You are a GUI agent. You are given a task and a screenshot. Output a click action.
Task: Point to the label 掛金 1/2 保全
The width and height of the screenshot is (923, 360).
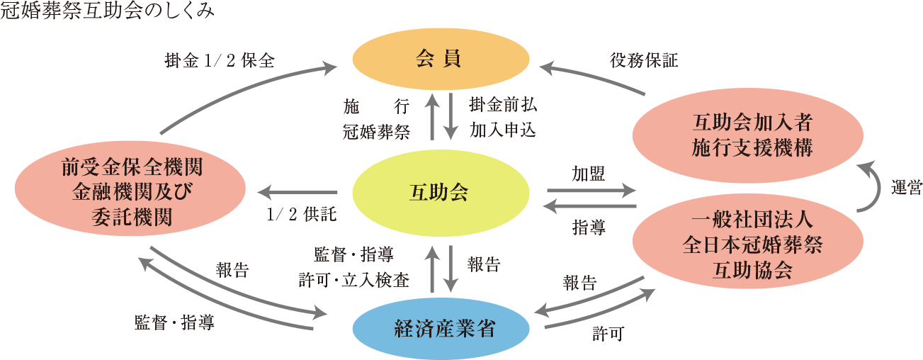click(219, 61)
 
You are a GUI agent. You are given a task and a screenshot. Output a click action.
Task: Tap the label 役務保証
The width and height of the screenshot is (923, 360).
click(643, 61)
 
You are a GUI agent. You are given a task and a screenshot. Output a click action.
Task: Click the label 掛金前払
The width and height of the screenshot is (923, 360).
click(502, 104)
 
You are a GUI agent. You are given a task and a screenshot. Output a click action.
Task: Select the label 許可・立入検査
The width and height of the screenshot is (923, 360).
click(354, 281)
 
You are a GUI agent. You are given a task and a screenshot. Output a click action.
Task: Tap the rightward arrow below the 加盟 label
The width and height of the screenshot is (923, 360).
click(591, 191)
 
